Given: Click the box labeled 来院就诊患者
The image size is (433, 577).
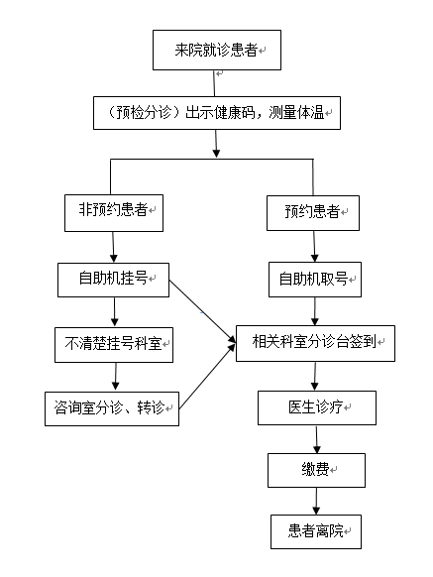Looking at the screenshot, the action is [217, 50].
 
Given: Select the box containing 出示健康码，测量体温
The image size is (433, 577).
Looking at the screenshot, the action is [217, 113].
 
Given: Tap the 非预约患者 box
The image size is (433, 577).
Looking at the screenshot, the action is [114, 213].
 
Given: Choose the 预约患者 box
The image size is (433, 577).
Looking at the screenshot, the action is [313, 213].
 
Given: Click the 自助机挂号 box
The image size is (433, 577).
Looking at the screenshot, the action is [113, 280].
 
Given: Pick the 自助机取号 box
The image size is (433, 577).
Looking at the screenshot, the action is [315, 280].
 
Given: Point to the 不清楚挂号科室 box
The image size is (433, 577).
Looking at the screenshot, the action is [114, 345].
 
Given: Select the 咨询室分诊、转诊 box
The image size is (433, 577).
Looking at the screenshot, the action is [112, 408].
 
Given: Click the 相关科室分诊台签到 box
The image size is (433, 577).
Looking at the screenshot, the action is [315, 343].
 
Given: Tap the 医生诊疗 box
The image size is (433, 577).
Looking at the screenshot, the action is [317, 407].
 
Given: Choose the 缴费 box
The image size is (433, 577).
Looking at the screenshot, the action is [316, 470].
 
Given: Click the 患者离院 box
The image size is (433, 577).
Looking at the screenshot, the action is [316, 531].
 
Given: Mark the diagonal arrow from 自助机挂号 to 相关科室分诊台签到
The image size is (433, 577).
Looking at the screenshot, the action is [202, 311].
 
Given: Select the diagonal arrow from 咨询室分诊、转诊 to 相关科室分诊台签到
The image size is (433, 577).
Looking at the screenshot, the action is [207, 377].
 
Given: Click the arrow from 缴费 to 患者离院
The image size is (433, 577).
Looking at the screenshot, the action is [316, 501].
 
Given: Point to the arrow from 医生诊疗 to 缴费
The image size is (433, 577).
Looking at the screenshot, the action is [316, 439].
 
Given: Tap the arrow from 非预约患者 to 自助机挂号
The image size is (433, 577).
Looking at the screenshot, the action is [113, 247].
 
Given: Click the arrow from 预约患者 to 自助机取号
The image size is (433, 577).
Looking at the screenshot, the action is [314, 247].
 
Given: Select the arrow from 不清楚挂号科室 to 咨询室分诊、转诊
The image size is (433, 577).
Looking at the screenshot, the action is [116, 377].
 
